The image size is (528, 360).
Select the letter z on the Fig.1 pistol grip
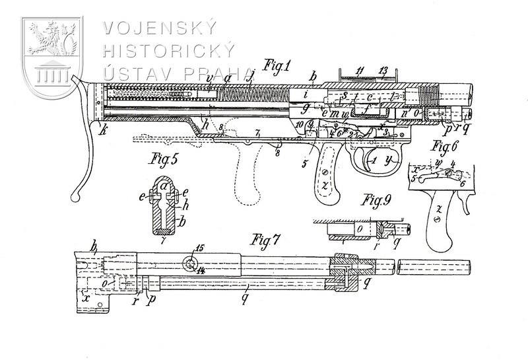click(325, 179)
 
